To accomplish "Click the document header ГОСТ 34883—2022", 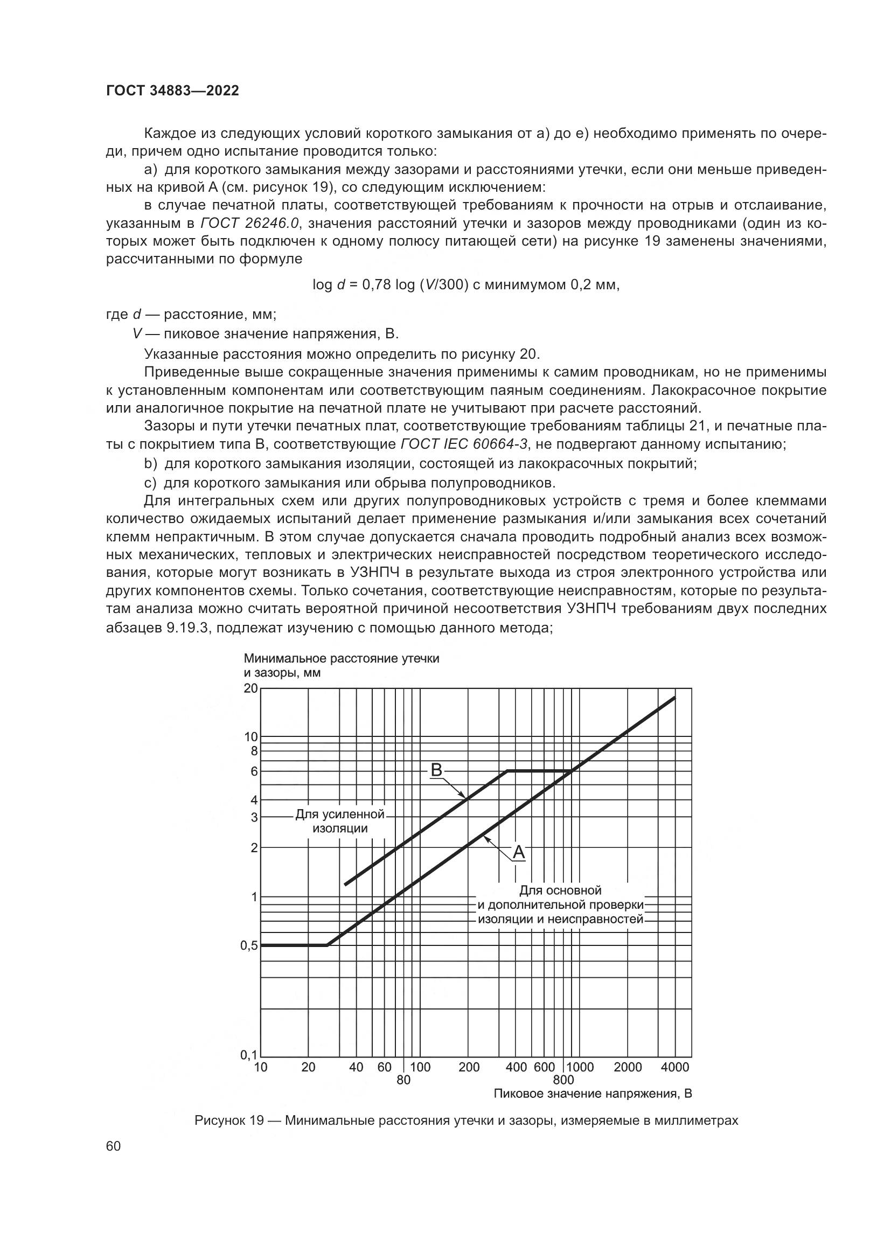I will click(x=173, y=91).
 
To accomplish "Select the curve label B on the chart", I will click(x=436, y=770).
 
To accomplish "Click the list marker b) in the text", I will click(x=150, y=464).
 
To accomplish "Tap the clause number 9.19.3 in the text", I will click(x=186, y=628).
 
